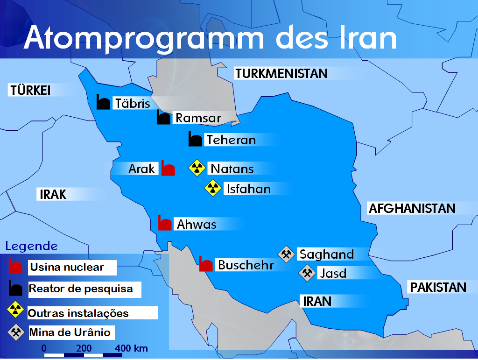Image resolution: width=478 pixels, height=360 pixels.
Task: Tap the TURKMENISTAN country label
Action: point(281,73)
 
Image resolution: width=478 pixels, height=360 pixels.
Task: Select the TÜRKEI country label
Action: point(30,90)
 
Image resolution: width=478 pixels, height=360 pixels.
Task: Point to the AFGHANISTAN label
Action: point(412,208)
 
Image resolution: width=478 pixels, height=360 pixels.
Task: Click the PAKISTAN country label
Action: point(438,287)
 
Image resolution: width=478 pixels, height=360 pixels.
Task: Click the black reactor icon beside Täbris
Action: point(103,102)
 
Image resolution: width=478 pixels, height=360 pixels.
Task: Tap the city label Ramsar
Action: point(197,118)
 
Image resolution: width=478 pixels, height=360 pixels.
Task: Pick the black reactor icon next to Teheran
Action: point(195,139)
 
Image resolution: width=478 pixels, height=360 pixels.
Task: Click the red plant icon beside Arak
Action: point(168,168)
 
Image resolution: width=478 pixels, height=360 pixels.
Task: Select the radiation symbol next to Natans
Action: point(197,168)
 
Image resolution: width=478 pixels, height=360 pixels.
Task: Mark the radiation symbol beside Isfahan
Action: point(213,188)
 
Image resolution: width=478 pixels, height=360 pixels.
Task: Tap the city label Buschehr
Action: point(246,265)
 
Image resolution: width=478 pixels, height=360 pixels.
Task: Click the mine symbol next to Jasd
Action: point(307,273)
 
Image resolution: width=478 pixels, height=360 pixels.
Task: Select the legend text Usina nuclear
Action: point(67,268)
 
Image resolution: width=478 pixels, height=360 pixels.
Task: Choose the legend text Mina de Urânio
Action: point(70,332)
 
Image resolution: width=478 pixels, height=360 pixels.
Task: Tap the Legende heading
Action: point(31,246)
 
